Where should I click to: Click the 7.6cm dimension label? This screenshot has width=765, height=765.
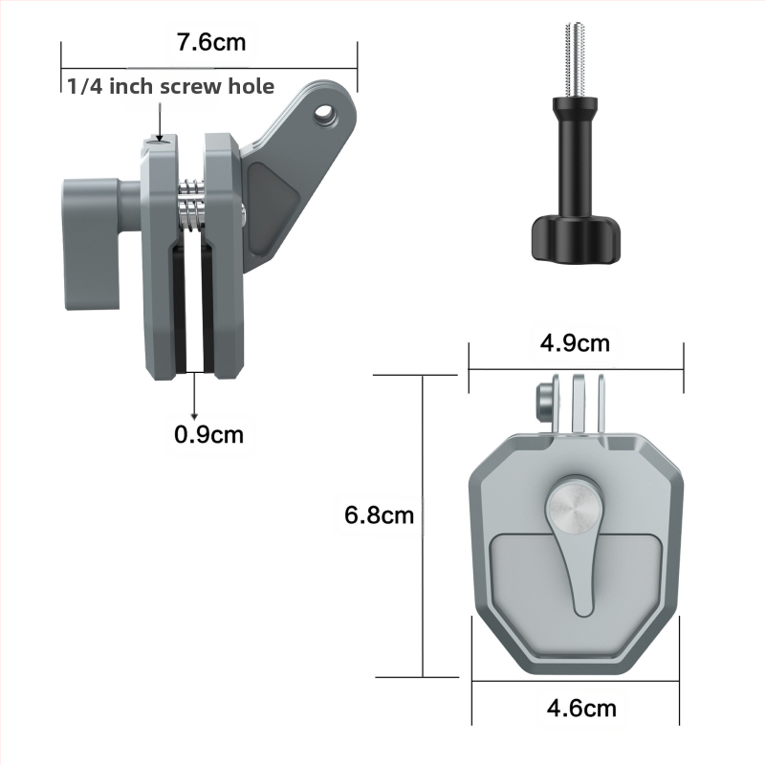[211, 42]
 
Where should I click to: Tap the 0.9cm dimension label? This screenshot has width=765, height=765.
[208, 434]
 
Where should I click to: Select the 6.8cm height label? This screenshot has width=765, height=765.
[379, 515]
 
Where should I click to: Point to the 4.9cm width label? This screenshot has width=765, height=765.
[575, 343]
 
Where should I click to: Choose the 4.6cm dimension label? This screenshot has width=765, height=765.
[581, 708]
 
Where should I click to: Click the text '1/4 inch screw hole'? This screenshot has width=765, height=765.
[171, 86]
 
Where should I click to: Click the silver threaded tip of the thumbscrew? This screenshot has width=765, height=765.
[576, 60]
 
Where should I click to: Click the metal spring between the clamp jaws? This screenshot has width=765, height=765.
[190, 206]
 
